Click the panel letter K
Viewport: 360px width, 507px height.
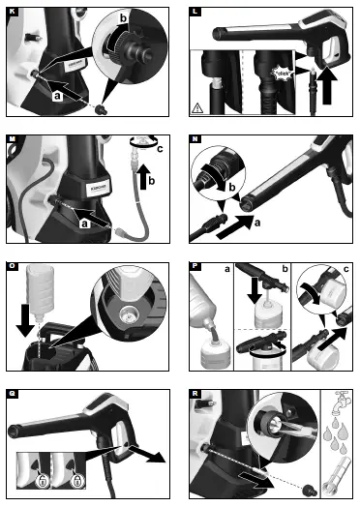11,11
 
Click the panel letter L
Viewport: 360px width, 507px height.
196,11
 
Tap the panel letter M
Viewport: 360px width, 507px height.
11,138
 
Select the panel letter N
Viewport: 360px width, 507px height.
196,138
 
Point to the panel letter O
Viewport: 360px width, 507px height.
11,266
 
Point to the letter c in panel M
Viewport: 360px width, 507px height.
161,148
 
